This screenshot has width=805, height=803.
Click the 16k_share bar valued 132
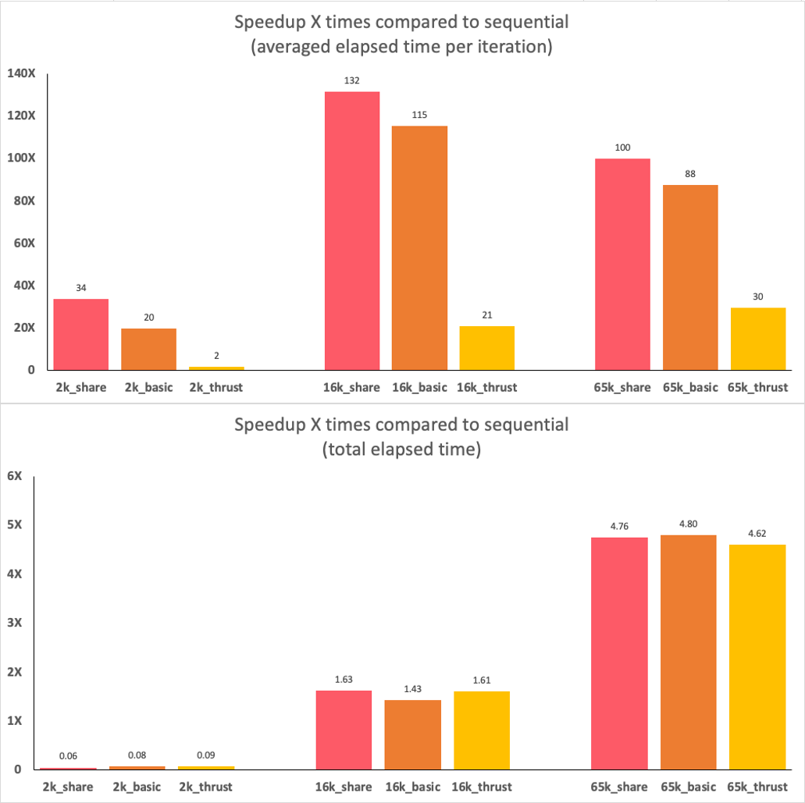click(x=352, y=231)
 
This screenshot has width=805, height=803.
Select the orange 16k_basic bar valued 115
click(x=420, y=248)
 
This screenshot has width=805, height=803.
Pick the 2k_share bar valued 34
click(x=81, y=334)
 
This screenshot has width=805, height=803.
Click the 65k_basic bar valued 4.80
click(x=689, y=652)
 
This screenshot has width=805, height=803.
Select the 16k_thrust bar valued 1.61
click(x=482, y=730)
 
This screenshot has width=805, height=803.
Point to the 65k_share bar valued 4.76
click(x=620, y=653)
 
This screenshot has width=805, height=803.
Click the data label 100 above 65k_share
click(x=622, y=147)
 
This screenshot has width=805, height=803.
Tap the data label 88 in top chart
click(x=690, y=174)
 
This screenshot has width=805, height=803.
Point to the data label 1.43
click(x=413, y=689)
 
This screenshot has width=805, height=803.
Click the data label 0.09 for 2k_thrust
click(x=206, y=755)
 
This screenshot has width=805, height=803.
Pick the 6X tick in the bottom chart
click(x=13, y=476)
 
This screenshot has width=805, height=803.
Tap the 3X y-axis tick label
click(x=13, y=623)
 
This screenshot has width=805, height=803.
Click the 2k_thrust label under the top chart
click(x=216, y=387)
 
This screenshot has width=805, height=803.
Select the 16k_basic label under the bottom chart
click(x=413, y=787)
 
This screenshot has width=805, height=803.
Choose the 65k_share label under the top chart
click(x=622, y=387)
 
